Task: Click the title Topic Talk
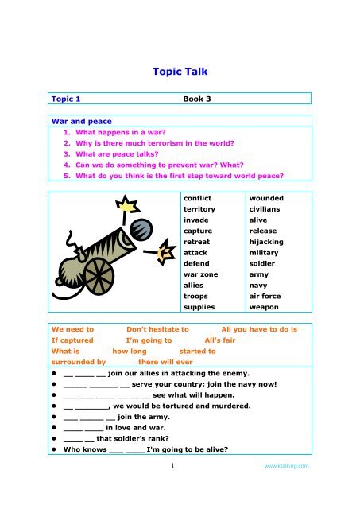coord(180,71)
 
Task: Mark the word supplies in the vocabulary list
coord(199,306)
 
